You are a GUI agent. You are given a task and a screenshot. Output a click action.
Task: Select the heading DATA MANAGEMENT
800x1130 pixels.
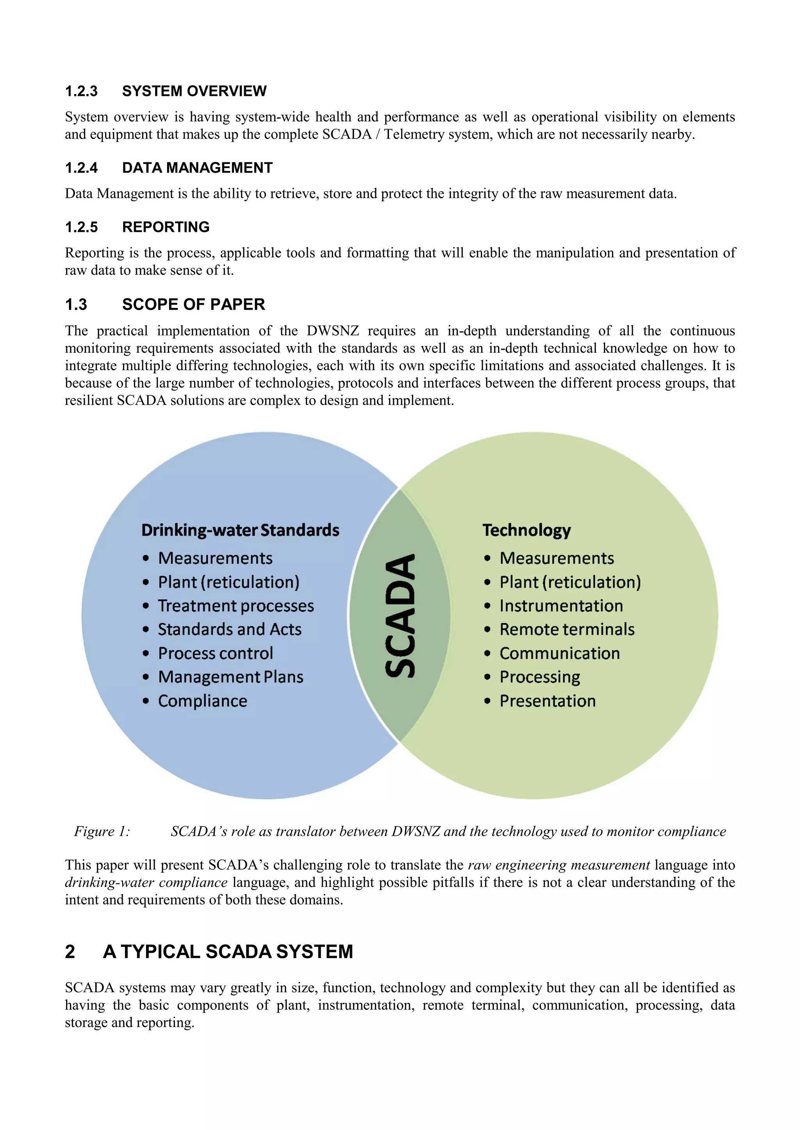[x=197, y=168]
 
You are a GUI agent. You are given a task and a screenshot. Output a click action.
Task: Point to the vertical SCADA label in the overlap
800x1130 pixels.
[x=400, y=616]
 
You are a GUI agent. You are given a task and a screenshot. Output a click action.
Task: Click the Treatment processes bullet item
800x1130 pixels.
[x=236, y=606]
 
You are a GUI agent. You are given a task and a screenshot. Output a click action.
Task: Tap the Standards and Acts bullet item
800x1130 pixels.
[x=230, y=629]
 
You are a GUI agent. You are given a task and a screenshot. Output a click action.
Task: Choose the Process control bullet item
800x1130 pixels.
[x=215, y=653]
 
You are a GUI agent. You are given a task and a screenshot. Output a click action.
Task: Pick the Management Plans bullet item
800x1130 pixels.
[x=230, y=677]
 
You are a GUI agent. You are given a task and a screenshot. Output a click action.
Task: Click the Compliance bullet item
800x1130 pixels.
[x=202, y=701]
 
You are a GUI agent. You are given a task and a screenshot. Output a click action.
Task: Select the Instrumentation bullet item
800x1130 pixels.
[x=561, y=606]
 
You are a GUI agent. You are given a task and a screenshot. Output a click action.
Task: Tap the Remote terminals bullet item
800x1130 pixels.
[x=567, y=629]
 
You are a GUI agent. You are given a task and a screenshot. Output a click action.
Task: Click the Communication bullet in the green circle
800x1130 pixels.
[x=560, y=653]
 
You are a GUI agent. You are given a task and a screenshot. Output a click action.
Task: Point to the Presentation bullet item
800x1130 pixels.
[x=547, y=701]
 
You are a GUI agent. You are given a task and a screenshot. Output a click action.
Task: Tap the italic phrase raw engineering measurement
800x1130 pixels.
[x=559, y=865]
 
